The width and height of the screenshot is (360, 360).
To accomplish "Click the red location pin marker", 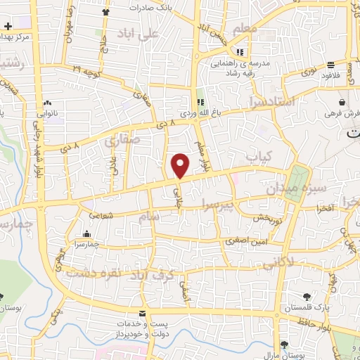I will click(x=180, y=165).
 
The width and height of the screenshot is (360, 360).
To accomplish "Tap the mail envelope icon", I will click(x=143, y=314).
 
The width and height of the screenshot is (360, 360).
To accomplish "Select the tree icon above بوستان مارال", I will click(x=284, y=345).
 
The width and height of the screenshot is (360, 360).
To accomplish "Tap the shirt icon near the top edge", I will click(x=105, y=12).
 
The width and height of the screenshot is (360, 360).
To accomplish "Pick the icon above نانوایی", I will click(x=47, y=103).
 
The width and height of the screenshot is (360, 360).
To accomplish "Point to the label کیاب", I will click(x=253, y=155).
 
